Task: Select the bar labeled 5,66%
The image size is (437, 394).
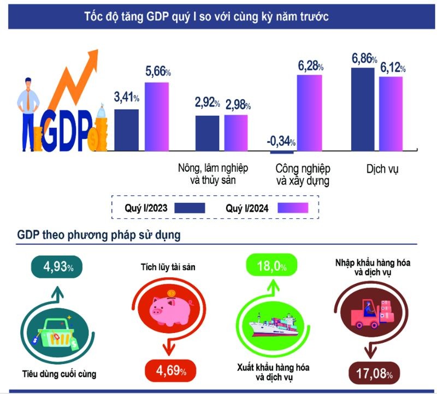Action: pos(157,115)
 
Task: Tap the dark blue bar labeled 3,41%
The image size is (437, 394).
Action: pos(126,129)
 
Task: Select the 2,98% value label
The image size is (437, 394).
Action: pos(237,103)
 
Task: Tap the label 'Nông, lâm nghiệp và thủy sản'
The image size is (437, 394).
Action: pos(208,174)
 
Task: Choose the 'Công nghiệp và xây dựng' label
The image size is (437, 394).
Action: pos(303,174)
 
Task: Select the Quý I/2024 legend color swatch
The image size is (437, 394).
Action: pos(293,208)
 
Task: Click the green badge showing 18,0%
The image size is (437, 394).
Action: pos(271,267)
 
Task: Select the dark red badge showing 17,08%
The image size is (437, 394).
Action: pos(374,374)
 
